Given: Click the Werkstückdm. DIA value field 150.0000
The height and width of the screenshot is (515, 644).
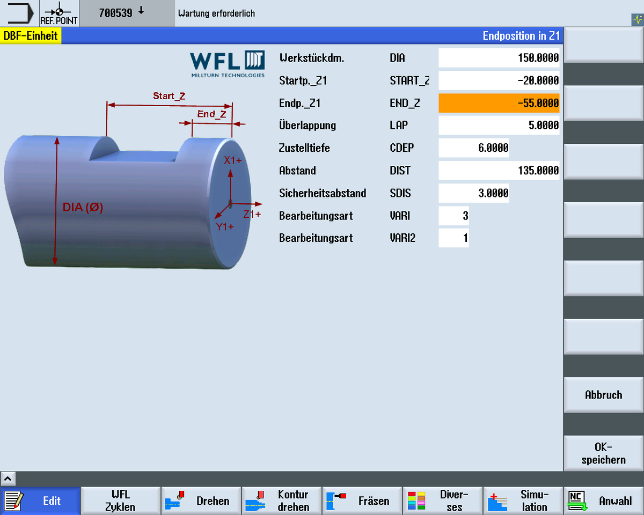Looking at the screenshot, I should pyautogui.click(x=499, y=58).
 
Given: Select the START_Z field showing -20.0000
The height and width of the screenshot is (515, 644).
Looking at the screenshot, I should pyautogui.click(x=499, y=80).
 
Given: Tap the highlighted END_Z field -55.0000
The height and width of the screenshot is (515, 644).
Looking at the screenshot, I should pyautogui.click(x=499, y=103).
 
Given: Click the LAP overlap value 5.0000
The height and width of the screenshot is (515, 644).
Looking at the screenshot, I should pyautogui.click(x=499, y=126).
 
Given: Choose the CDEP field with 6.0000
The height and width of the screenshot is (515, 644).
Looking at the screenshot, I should pyautogui.click(x=474, y=148).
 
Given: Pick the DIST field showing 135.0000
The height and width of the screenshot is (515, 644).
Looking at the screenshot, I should pyautogui.click(x=499, y=171).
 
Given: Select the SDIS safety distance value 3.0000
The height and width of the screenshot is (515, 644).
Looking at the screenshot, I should pyautogui.click(x=474, y=193).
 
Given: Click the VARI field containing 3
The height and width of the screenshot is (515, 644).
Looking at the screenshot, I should pyautogui.click(x=453, y=216).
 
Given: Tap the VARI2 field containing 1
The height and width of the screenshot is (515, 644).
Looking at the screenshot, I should pyautogui.click(x=453, y=238).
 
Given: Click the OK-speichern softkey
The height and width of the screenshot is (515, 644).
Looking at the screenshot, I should pyautogui.click(x=603, y=453).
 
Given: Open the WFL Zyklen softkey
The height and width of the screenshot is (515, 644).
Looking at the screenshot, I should pyautogui.click(x=120, y=501).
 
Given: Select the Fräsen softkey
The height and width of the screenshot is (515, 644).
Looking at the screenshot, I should pyautogui.click(x=362, y=501).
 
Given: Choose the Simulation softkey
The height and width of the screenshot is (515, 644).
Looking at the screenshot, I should pyautogui.click(x=523, y=501).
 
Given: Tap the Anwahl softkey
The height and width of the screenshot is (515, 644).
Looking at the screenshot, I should pyautogui.click(x=603, y=501).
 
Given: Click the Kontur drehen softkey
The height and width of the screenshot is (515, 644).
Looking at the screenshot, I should pyautogui.click(x=282, y=501).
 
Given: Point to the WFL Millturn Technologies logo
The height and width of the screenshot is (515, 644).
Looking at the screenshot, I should pyautogui.click(x=228, y=64).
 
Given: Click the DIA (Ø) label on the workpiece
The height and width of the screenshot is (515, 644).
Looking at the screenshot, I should pyautogui.click(x=83, y=207).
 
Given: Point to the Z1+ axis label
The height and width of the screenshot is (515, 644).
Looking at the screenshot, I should pyautogui.click(x=252, y=214).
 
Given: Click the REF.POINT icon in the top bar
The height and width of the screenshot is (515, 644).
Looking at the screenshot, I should pyautogui.click(x=59, y=13).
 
